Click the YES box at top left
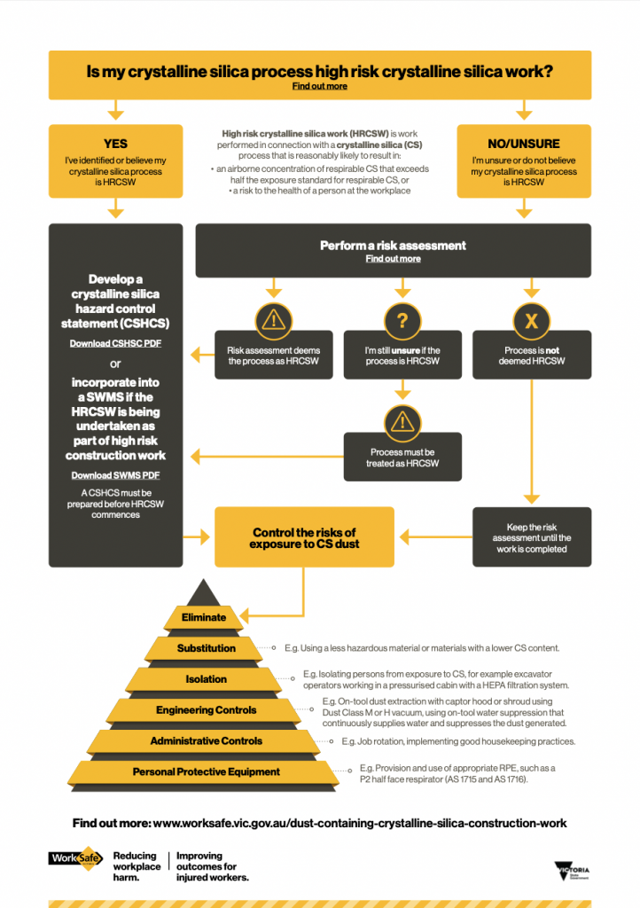pyautogui.click(x=115, y=160)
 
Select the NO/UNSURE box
pyautogui.click(x=524, y=160)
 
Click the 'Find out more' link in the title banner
pyautogui.click(x=319, y=86)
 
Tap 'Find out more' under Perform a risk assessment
pyautogui.click(x=393, y=259)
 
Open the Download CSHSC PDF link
pyautogui.click(x=115, y=343)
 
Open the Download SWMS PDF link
pyautogui.click(x=115, y=475)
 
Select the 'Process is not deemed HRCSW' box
pyautogui.click(x=531, y=356)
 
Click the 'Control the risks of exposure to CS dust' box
pyautogui.click(x=304, y=537)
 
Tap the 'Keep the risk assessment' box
pyautogui.click(x=531, y=537)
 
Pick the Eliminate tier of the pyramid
pyautogui.click(x=204, y=617)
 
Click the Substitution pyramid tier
pyautogui.click(x=206, y=648)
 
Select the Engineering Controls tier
pyautogui.click(x=206, y=710)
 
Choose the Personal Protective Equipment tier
pyautogui.click(x=206, y=772)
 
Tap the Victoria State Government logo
pyautogui.click(x=571, y=869)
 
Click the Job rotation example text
pyautogui.click(x=458, y=741)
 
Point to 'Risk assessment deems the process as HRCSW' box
pyautogui.click(x=274, y=356)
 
